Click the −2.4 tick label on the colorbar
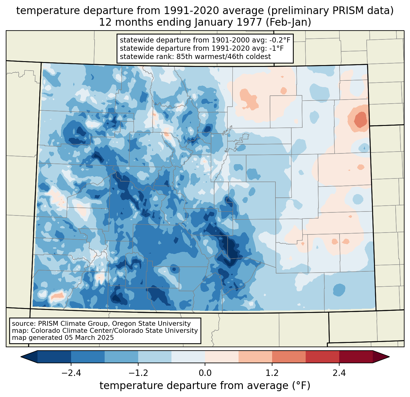tap(71, 373)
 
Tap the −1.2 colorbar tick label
tap(138, 373)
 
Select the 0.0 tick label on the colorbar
tap(205, 373)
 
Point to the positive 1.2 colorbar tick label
tap(272, 373)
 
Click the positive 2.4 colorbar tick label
tap(339, 373)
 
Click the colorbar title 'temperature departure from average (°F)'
tap(205, 386)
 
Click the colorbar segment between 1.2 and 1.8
tap(289, 357)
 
